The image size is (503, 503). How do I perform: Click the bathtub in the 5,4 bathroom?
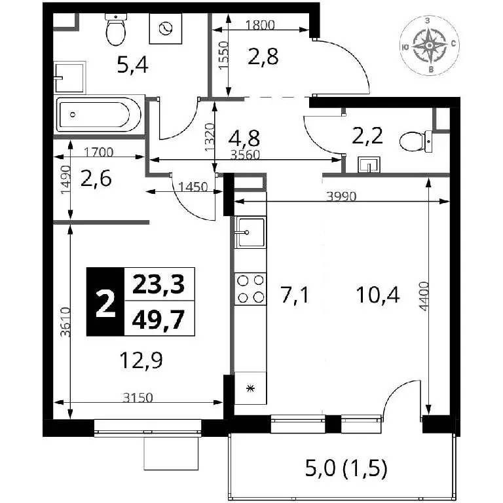99,115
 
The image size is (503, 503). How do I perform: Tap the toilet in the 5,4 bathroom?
116,30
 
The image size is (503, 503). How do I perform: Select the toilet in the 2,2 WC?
417,141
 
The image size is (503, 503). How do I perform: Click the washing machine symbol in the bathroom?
166,29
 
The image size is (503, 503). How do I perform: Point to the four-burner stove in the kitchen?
250,289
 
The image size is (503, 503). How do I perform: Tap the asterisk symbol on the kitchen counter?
250,389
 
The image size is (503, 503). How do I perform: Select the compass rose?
429,46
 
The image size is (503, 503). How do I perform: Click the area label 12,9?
141,361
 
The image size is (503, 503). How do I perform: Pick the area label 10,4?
378,295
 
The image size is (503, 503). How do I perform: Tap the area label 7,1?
295,295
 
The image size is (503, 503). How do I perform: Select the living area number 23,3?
158,284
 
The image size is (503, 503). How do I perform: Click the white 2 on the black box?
105,301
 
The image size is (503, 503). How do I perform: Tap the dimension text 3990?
341,196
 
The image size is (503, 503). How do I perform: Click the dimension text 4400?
424,296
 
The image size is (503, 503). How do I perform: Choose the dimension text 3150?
138,398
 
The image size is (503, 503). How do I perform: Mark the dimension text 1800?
260,25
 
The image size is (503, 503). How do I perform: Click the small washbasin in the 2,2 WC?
369,164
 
